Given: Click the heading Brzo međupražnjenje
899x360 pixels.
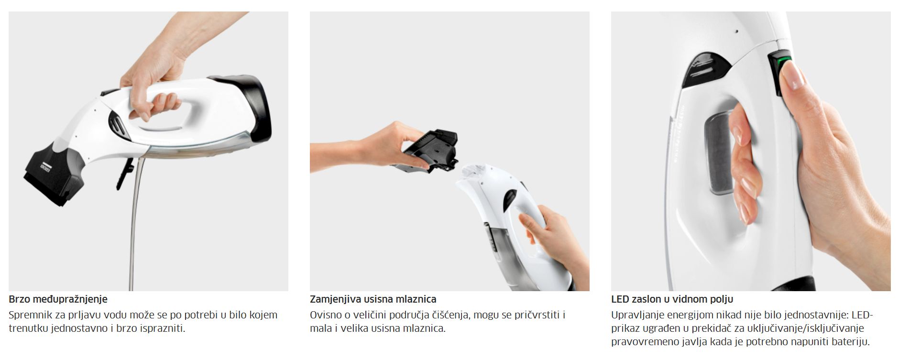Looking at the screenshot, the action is pos(58,299).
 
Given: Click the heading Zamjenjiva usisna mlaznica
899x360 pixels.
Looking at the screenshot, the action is pos(373,299).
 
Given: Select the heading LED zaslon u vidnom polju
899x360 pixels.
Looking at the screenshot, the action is pos(672,299).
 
